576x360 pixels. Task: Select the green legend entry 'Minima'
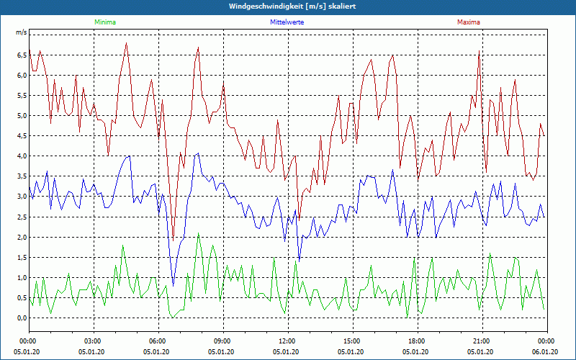coord(104,22)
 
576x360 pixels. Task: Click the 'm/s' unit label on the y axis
coord(22,33)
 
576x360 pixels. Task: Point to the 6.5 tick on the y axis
coord(22,55)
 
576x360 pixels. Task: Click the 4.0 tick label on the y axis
coord(22,156)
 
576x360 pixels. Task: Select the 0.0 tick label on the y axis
coord(22,318)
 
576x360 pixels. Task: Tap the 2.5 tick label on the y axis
coord(22,217)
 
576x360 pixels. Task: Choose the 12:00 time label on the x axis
coord(287,341)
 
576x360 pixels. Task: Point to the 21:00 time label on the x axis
coord(482,341)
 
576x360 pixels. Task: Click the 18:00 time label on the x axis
coord(417,341)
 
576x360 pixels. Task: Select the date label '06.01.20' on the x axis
coord(546,352)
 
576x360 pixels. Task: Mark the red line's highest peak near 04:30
coord(126,43)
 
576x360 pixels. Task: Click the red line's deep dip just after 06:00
coord(173,240)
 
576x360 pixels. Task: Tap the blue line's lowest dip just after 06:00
coord(173,286)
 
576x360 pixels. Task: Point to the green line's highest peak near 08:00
coord(199,233)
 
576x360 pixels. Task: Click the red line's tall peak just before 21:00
coord(479,51)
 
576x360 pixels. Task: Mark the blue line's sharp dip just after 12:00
coord(299,259)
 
